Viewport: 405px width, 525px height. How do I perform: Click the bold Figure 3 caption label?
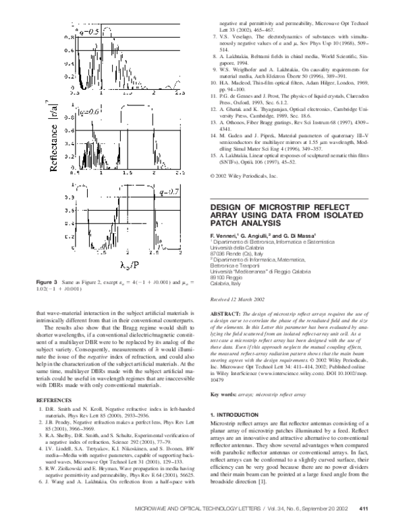(47, 300)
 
